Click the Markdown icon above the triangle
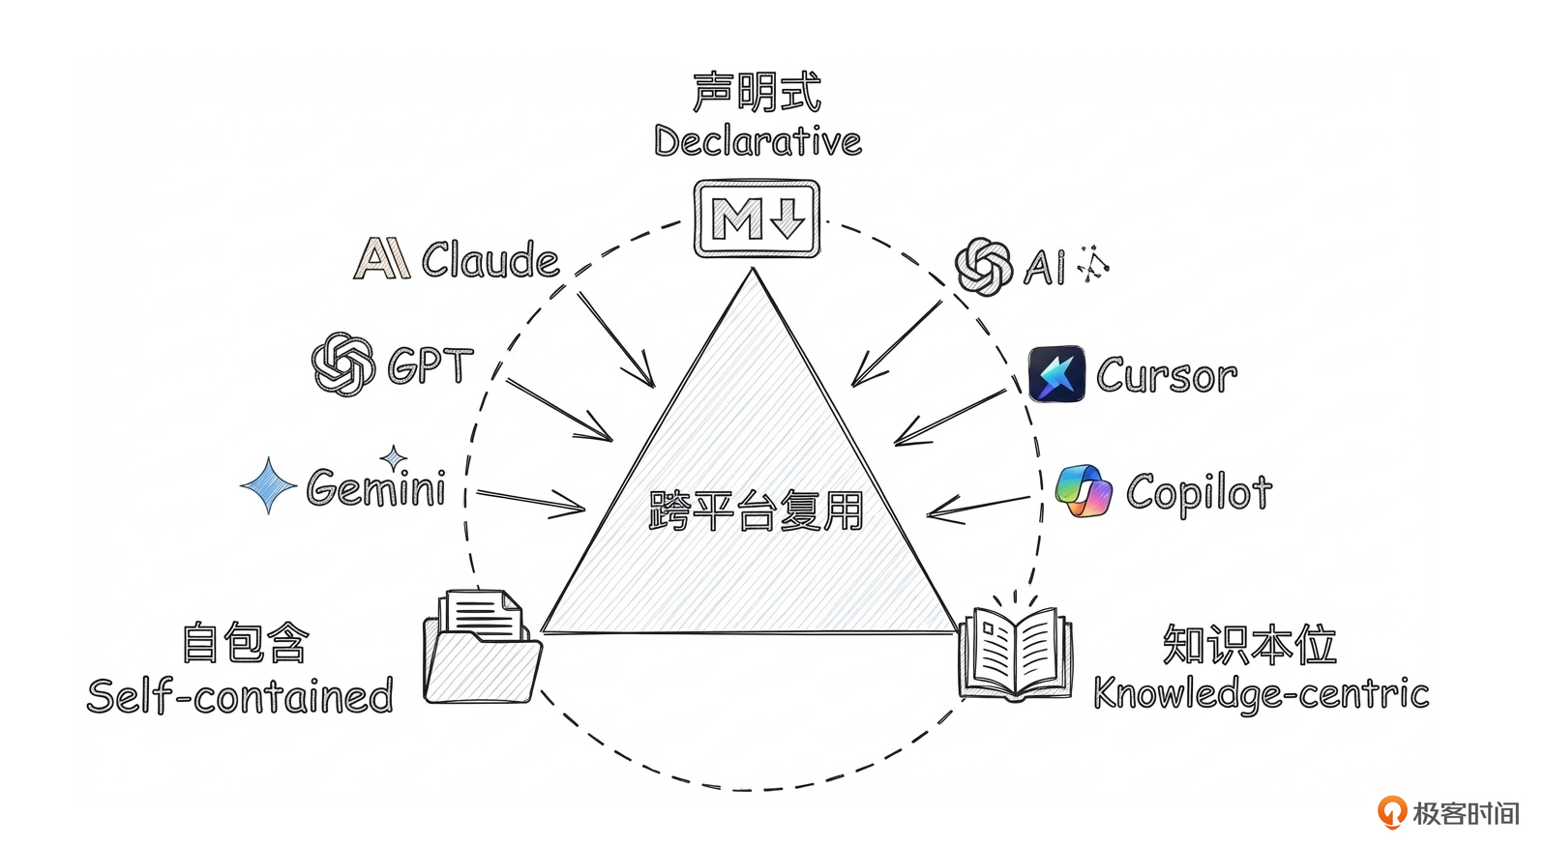point(757,219)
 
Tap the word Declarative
point(758,142)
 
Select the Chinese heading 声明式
point(757,93)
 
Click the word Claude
point(490,260)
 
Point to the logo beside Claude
point(381,258)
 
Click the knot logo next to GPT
point(342,364)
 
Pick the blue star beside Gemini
point(269,485)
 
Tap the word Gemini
point(376,487)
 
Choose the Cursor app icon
point(1056,373)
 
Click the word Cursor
point(1167,375)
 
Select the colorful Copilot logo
point(1084,490)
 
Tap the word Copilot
point(1199,492)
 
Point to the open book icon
point(1015,653)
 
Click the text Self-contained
point(240,696)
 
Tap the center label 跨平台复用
point(756,510)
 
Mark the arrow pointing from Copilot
point(978,507)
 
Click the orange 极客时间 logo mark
point(1392,812)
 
